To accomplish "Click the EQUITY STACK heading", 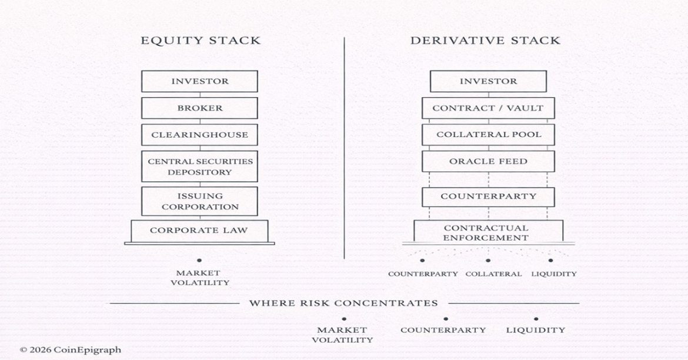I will coord(200,41).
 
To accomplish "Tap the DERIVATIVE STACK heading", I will coord(485,41).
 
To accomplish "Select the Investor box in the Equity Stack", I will coord(199,81).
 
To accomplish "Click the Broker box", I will coord(199,108).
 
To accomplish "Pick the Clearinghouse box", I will coord(199,135).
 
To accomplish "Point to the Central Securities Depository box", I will coord(199,166).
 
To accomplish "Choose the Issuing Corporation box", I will coord(199,201).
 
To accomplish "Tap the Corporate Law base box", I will coord(199,230).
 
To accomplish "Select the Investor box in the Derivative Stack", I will coord(488,81).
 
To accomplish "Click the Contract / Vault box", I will coord(488,108).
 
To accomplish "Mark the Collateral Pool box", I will coord(488,135).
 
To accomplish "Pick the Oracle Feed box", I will coord(488,161).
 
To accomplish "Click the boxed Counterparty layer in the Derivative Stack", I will coord(488,196).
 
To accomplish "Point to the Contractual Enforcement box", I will coord(488,232).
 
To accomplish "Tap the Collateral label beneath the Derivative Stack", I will coord(493,274).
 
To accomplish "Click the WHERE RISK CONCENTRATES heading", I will coord(343,304).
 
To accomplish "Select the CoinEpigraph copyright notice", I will coord(71,349).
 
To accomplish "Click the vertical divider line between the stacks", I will coord(344,147).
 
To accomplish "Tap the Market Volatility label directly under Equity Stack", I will coord(199,278).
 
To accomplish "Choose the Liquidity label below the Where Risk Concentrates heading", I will coord(535,330).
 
